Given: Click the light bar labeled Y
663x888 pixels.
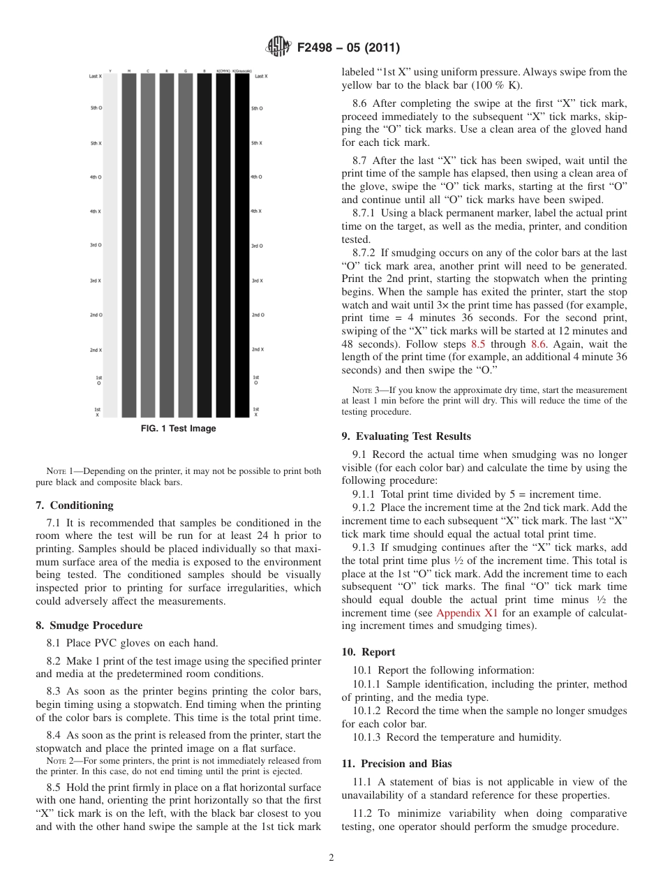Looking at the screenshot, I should (110, 244).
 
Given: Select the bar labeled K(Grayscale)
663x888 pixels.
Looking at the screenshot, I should (242, 244).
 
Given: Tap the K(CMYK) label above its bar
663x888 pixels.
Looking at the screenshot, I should (223, 71).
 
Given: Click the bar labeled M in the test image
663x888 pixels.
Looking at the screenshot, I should (129, 244).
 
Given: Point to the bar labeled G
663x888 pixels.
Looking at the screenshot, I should (186, 244).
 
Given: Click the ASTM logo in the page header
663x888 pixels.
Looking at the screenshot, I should (278, 48).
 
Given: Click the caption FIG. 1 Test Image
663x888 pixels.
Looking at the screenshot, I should (179, 429).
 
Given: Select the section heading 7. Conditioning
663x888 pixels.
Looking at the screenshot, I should (75, 505).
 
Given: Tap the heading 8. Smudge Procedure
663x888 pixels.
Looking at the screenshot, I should (89, 626).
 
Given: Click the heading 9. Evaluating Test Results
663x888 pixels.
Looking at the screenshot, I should (406, 436).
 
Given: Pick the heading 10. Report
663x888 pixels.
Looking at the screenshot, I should (368, 652).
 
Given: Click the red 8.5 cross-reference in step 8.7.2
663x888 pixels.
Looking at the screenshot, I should (477, 344).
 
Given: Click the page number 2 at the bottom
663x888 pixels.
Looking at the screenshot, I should (331, 858).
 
